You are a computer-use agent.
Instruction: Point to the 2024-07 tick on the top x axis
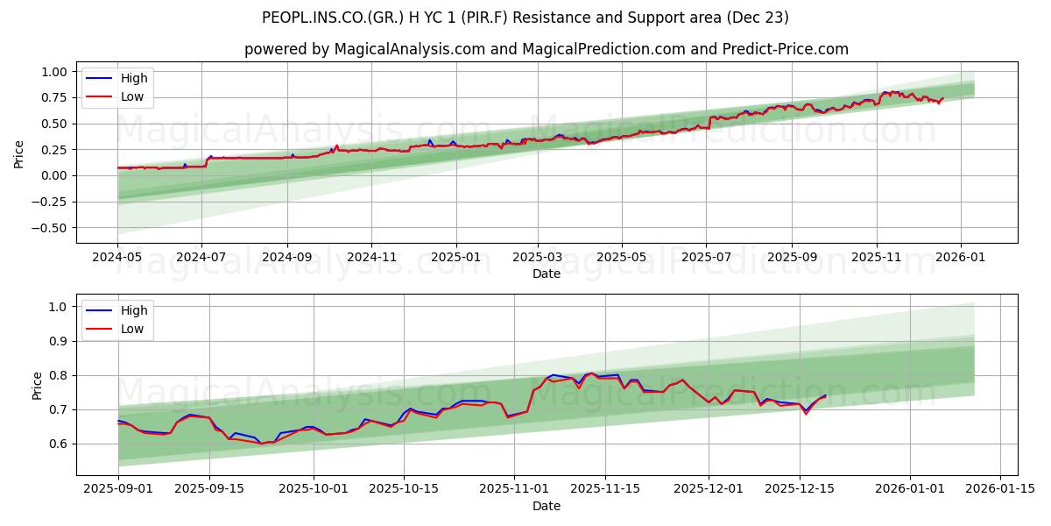pyautogui.click(x=201, y=259)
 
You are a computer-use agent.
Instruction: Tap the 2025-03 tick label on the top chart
pyautogui.click(x=537, y=259)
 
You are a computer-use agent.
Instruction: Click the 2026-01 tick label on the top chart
pyautogui.click(x=961, y=259)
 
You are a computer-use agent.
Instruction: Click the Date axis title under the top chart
pyautogui.click(x=546, y=274)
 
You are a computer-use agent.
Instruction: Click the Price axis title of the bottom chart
pyautogui.click(x=37, y=386)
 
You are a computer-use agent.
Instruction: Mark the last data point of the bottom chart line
pyautogui.click(x=825, y=395)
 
